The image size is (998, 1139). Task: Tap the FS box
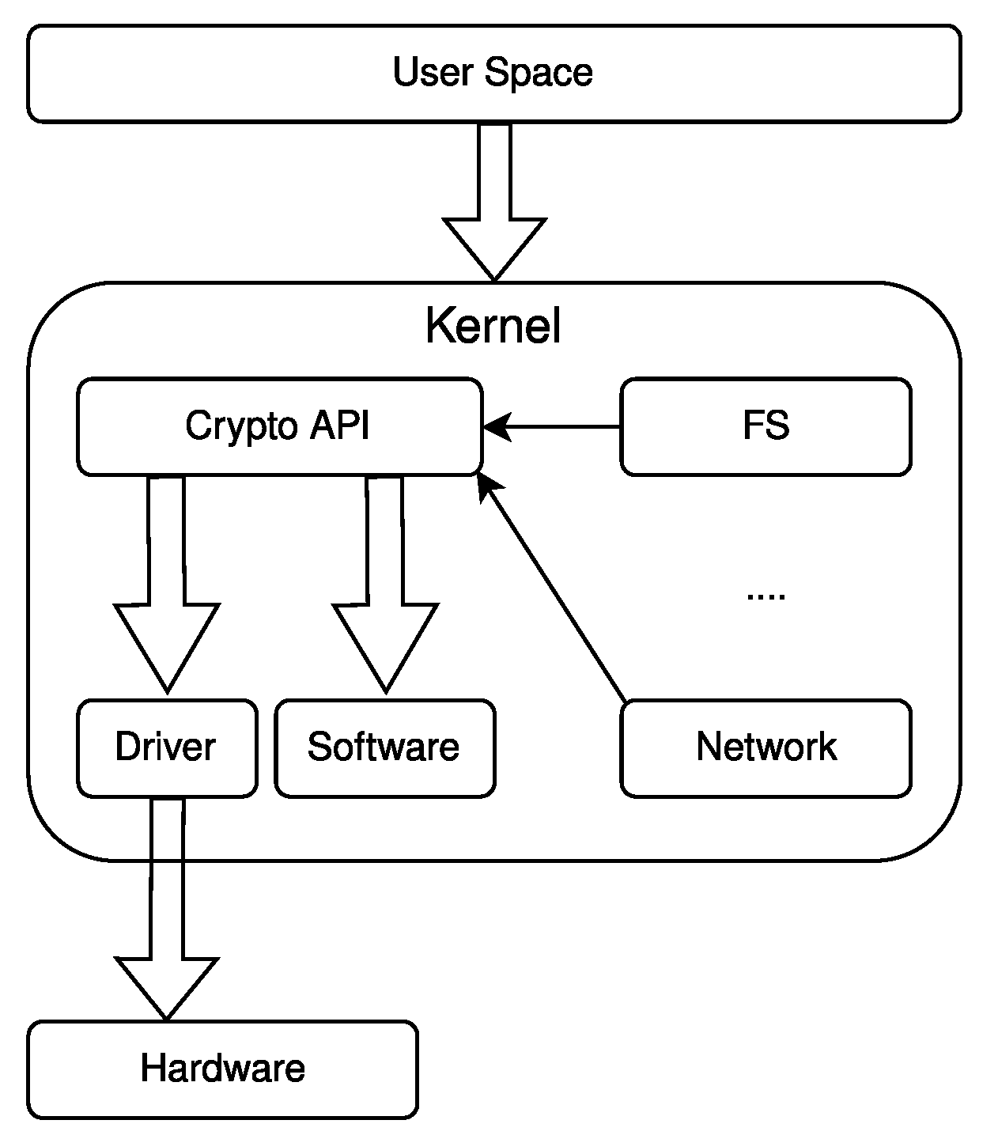pyautogui.click(x=766, y=426)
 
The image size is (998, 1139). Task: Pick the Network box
pyautogui.click(x=766, y=747)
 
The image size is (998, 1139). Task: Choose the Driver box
pyautogui.click(x=166, y=747)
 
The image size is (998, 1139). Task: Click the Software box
pyautogui.click(x=384, y=747)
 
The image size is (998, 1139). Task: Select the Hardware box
pyautogui.click(x=222, y=1069)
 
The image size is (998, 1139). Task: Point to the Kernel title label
pyautogui.click(x=493, y=326)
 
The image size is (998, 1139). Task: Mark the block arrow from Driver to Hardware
pyautogui.click(x=167, y=910)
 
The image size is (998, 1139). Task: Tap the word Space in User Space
pyautogui.click(x=538, y=73)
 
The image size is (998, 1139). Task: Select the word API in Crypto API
pyautogui.click(x=339, y=426)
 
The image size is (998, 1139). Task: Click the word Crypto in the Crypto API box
pyautogui.click(x=241, y=426)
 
